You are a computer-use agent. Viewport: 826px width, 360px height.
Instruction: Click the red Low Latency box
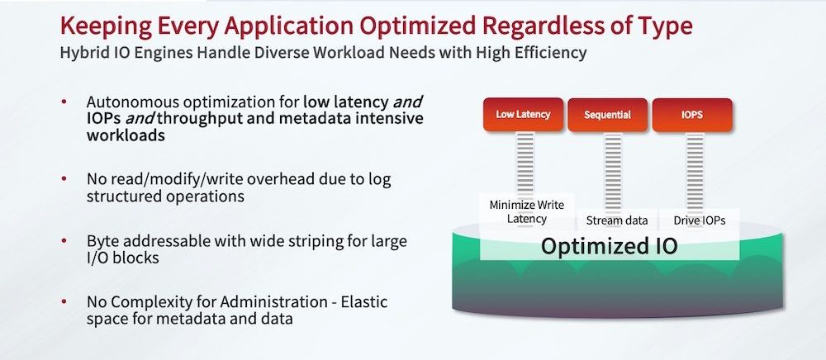(x=523, y=115)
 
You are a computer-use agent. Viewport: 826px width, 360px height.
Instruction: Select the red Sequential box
(x=607, y=115)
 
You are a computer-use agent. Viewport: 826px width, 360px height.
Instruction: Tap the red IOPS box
(x=692, y=115)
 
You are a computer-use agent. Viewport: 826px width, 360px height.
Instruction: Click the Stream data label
(x=617, y=220)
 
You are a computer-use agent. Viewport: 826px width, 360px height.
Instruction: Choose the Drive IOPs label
(x=699, y=220)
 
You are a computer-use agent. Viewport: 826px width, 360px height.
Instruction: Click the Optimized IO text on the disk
(x=609, y=246)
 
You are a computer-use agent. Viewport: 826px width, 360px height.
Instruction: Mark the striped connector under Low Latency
(x=525, y=179)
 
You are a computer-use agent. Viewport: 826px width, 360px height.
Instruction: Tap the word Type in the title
(x=665, y=26)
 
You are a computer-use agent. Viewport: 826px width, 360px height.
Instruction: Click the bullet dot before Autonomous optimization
(x=64, y=101)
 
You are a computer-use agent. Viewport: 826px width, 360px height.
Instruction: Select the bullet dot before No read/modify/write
(x=64, y=179)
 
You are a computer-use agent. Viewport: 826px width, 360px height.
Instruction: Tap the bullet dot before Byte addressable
(x=64, y=241)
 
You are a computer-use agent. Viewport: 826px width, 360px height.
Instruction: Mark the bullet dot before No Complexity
(x=64, y=302)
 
